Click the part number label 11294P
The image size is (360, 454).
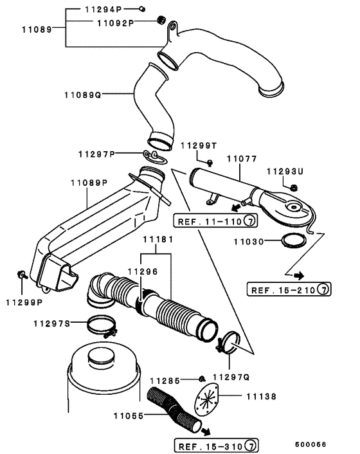(104, 9)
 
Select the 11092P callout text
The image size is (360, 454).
(116, 23)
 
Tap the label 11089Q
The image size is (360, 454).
(83, 95)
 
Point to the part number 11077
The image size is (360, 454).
(242, 159)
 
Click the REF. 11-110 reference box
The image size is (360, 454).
(215, 221)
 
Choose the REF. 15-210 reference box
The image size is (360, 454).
(289, 289)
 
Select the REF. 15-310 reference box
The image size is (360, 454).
(216, 446)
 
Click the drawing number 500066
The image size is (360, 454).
(310, 444)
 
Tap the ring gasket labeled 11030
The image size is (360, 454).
(294, 241)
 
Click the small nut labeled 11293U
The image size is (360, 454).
(293, 188)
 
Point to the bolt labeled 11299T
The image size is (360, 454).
(210, 163)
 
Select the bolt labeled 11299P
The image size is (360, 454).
(21, 275)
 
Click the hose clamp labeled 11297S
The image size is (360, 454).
(102, 327)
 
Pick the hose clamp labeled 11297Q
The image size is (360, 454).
(229, 343)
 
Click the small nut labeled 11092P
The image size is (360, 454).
(161, 20)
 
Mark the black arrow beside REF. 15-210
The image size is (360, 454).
(299, 275)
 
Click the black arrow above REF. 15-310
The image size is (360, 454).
(206, 431)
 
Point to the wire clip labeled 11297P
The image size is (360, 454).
(155, 157)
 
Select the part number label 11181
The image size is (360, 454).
(158, 239)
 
